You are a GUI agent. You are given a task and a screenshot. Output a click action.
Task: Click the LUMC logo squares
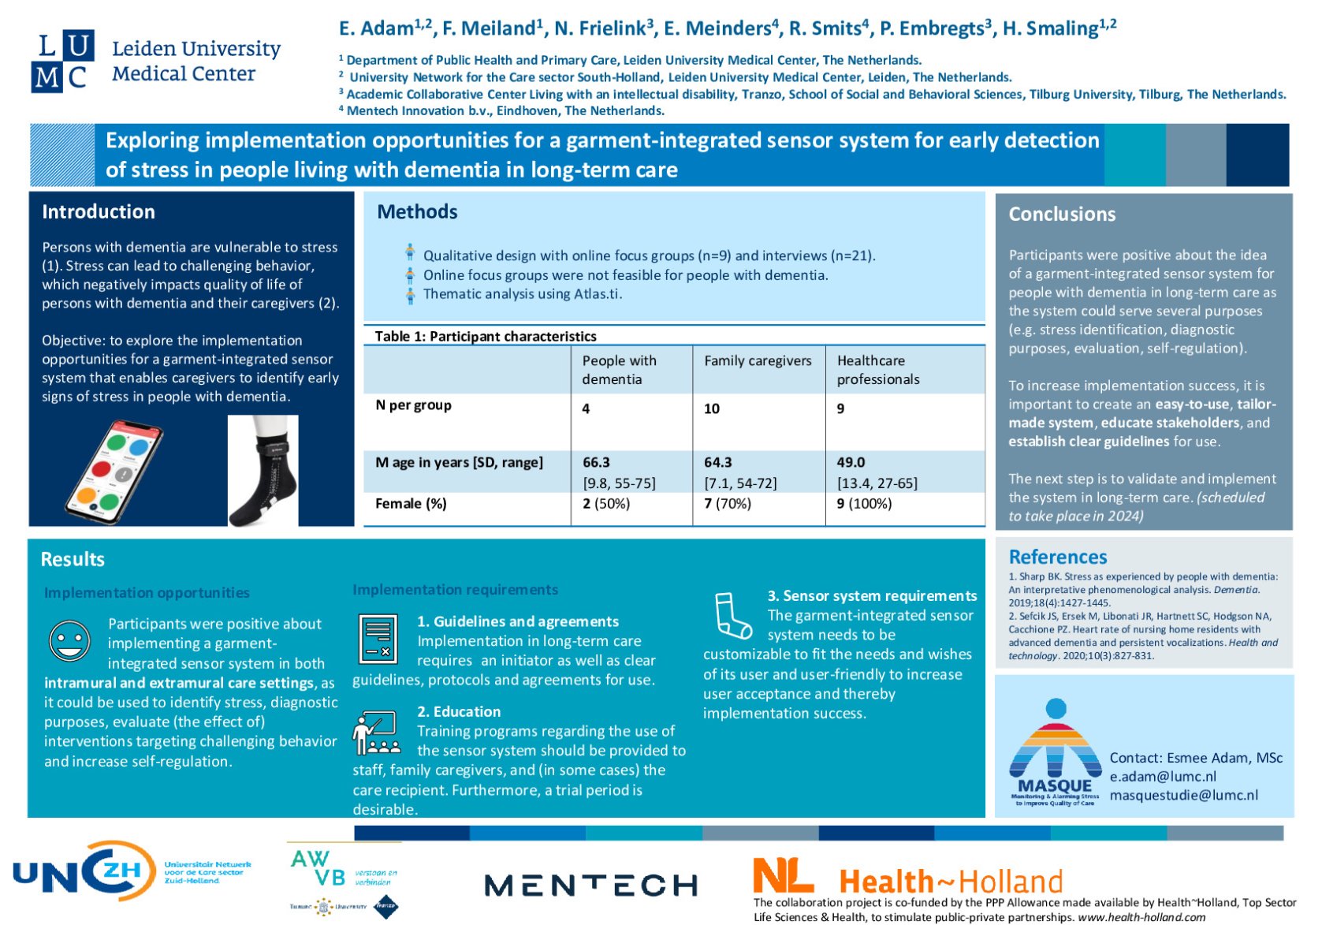pos(62,62)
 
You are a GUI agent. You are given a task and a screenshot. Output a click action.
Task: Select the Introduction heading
pos(99,211)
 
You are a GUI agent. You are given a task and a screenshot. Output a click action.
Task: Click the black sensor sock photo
pos(263,472)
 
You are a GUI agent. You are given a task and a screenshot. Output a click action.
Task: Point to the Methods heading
pos(417,211)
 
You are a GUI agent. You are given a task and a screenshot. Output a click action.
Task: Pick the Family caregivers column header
pos(757,360)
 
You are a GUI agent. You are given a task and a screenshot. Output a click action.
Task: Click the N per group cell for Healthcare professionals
pos(840,408)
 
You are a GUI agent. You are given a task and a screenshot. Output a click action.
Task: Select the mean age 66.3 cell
pos(596,462)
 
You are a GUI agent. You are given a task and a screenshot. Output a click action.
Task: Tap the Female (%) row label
pos(411,503)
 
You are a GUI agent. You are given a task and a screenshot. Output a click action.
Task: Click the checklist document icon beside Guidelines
pos(378,638)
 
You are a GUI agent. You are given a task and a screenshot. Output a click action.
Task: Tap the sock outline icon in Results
pos(732,615)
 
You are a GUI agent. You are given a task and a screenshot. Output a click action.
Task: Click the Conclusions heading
pos(1062,214)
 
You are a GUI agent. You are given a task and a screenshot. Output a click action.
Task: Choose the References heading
pos(1057,557)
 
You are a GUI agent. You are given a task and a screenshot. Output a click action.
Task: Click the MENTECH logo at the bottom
pos(590,885)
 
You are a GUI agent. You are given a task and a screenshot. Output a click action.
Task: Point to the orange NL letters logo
pos(782,875)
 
